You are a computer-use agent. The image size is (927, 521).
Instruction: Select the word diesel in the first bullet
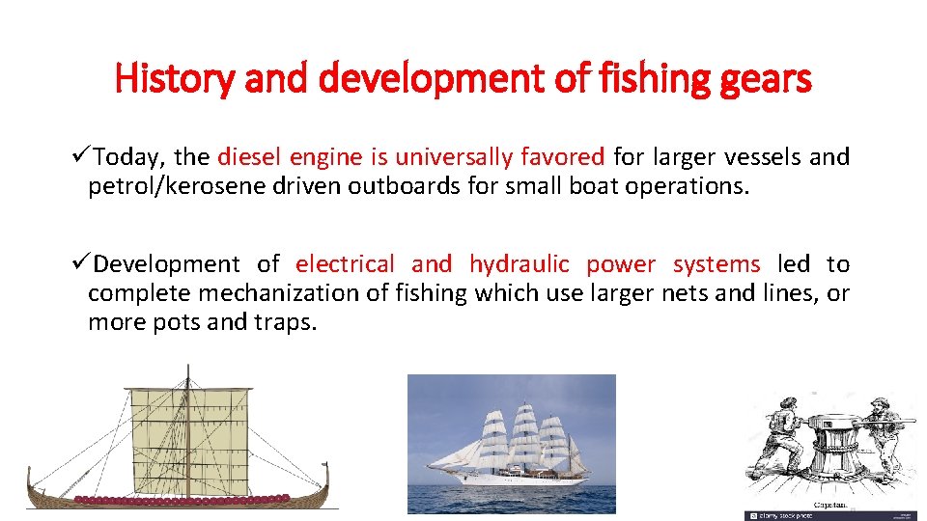coord(251,156)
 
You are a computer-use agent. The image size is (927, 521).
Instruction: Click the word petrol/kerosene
coord(180,185)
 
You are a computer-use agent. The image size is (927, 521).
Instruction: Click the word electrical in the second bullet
coord(345,264)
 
